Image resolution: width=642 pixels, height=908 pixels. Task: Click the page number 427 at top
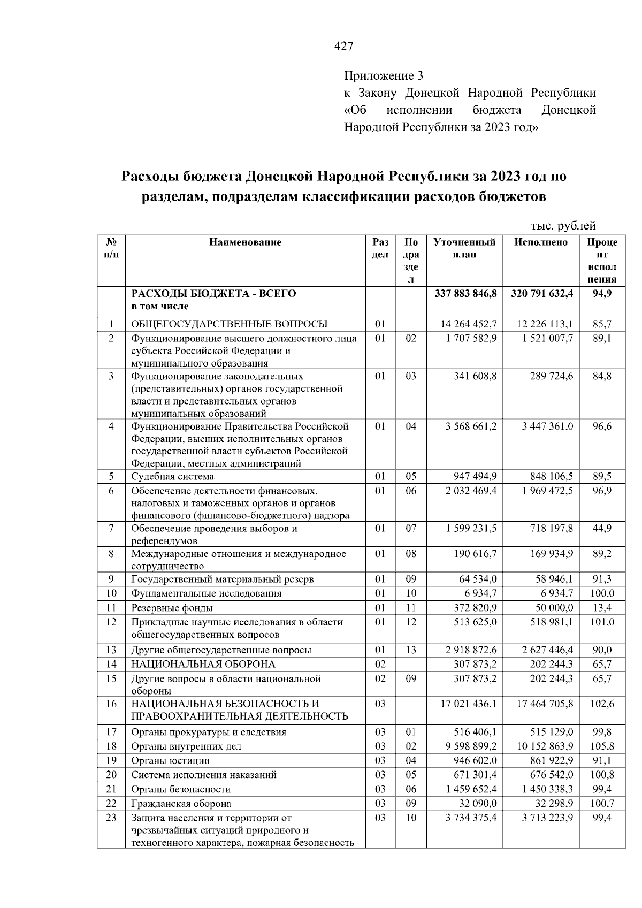point(343,47)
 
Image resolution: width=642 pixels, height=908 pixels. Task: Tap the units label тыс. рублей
point(563,226)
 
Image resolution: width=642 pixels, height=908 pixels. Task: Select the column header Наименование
point(245,242)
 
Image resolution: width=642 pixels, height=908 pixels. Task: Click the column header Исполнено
point(540,242)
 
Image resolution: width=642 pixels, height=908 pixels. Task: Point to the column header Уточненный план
point(464,248)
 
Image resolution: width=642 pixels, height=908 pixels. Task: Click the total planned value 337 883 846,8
point(465,294)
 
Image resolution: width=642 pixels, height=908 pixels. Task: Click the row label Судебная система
point(173,476)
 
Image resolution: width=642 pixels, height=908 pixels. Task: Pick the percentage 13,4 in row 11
point(602,608)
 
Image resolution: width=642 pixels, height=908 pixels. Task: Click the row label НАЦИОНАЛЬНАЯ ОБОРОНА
point(203,664)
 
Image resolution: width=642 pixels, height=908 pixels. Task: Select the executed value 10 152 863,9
point(545,746)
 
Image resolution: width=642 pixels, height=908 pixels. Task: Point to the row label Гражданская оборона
point(181,804)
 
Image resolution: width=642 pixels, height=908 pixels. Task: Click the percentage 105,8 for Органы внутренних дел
point(602,746)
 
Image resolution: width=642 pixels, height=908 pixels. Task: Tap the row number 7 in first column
point(111,529)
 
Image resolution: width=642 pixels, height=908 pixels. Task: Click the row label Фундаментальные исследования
point(207,593)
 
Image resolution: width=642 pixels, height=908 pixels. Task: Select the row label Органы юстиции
point(171,761)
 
